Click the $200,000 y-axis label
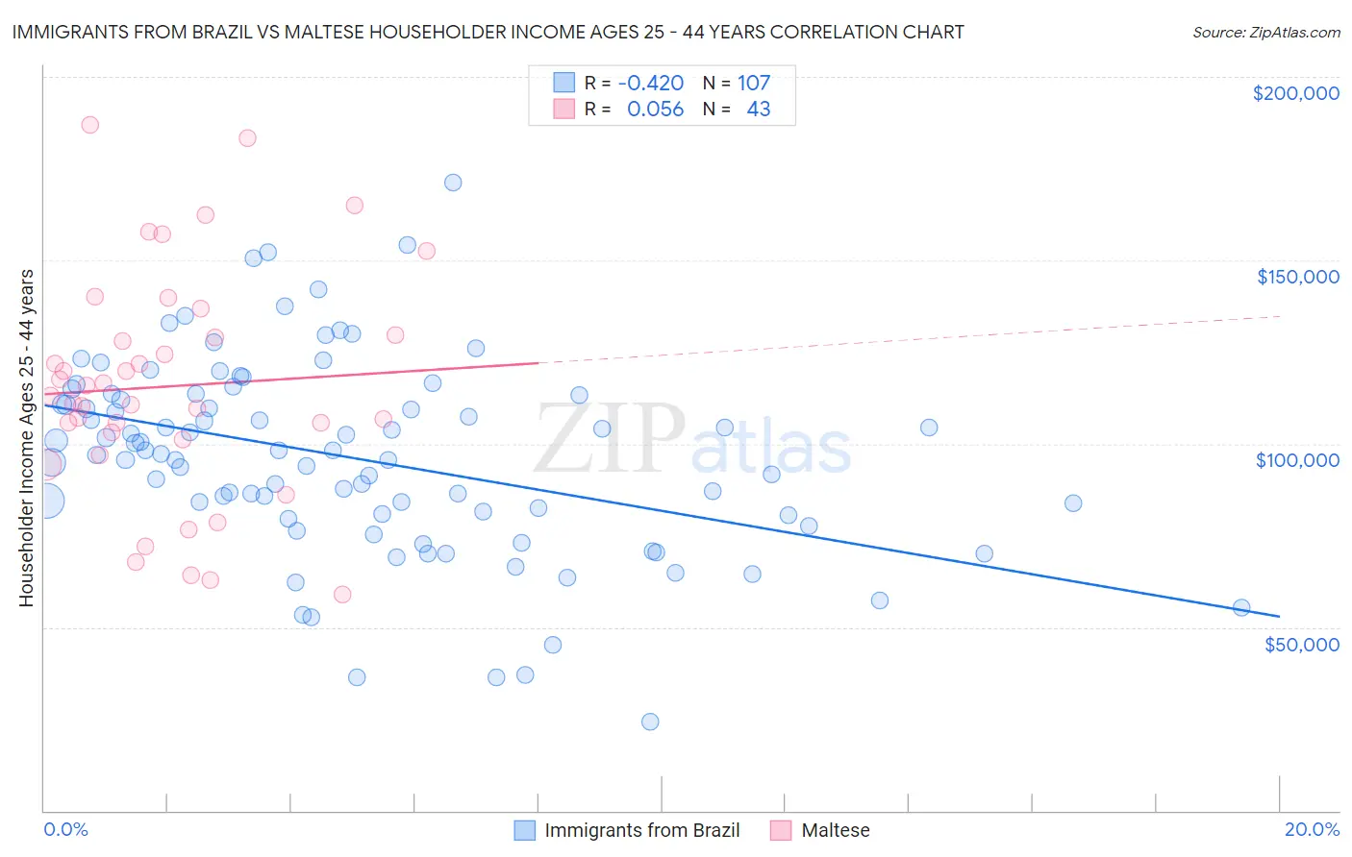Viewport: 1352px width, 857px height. pyautogui.click(x=1295, y=93)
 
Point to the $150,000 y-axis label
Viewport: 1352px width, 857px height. pyautogui.click(x=1297, y=277)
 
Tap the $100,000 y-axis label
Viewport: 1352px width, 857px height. pyautogui.click(x=1297, y=460)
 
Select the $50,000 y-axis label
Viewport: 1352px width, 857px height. pyautogui.click(x=1301, y=644)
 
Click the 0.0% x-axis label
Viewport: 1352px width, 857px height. pyautogui.click(x=65, y=829)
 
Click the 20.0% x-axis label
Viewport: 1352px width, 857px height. pyautogui.click(x=1312, y=829)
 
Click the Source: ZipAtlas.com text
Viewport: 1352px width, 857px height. pyautogui.click(x=1265, y=32)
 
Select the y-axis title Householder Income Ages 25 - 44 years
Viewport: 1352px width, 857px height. pyautogui.click(x=26, y=438)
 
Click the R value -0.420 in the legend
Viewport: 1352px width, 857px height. pyautogui.click(x=651, y=84)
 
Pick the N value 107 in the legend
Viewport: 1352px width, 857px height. pyautogui.click(x=754, y=84)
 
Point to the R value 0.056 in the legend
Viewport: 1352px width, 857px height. pyautogui.click(x=655, y=110)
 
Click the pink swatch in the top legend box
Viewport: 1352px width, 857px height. pyautogui.click(x=563, y=110)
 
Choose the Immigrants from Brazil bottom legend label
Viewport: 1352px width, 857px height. pyautogui.click(x=641, y=830)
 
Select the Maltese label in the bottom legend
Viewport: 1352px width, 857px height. pyautogui.click(x=835, y=830)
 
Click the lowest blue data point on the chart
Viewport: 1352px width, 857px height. pyautogui.click(x=650, y=722)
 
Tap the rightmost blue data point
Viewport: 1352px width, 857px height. pyautogui.click(x=1241, y=607)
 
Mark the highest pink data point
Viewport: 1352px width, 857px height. pyautogui.click(x=89, y=125)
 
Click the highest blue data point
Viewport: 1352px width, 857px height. pyautogui.click(x=453, y=183)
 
